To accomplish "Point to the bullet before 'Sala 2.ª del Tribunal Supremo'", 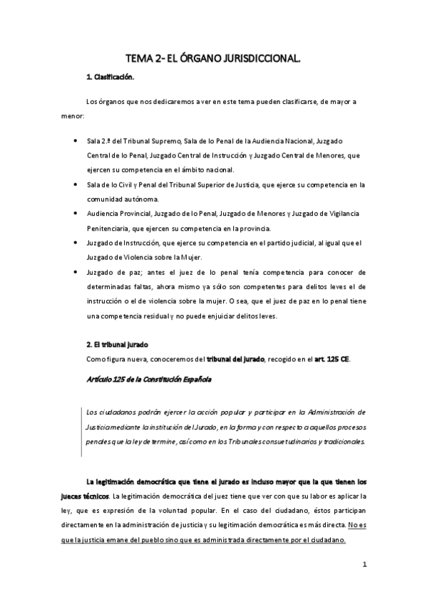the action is point(76,141).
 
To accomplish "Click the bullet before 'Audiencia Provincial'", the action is point(76,213).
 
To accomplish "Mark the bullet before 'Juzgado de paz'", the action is point(76,271).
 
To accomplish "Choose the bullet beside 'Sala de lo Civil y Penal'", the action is point(76,184).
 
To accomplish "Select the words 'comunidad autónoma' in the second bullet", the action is point(120,199).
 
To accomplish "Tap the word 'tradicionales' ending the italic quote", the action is point(339,441).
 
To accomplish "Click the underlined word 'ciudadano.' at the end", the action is point(326,539).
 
